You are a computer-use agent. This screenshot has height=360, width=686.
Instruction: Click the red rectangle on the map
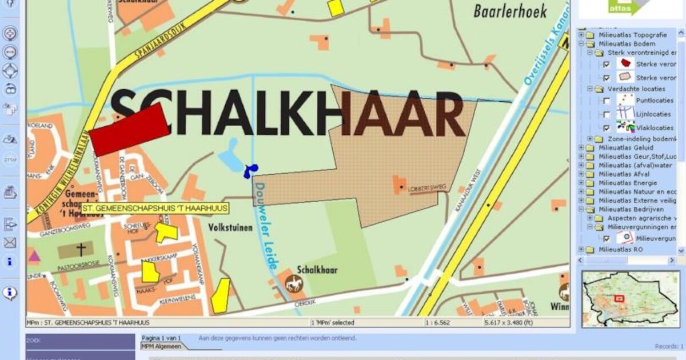(129, 130)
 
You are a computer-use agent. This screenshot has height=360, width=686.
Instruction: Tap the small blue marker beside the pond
(250, 170)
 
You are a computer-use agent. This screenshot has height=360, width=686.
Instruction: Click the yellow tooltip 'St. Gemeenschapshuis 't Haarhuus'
(155, 209)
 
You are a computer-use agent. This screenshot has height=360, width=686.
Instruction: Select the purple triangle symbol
(34, 256)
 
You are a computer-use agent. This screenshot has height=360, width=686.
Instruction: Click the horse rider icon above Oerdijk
(294, 282)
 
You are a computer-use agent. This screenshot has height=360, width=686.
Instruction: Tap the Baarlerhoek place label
(510, 11)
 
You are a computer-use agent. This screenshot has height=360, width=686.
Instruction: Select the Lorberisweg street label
(422, 187)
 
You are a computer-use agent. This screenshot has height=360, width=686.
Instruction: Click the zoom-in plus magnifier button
(10, 33)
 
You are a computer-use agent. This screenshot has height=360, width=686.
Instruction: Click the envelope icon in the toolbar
(10, 243)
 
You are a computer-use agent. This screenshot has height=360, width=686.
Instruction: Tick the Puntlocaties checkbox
(607, 101)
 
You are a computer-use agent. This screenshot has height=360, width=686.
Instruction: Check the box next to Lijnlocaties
(607, 114)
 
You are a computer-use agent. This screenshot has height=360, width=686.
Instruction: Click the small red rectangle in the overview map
(619, 298)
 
